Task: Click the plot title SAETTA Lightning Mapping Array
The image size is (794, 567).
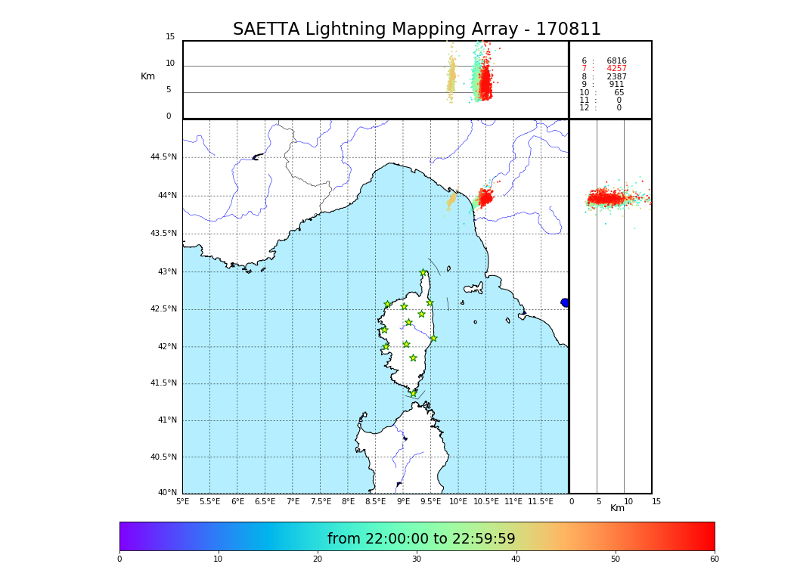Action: (417, 29)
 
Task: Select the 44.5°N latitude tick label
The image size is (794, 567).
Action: (163, 157)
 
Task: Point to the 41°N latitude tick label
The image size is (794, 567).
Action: (166, 420)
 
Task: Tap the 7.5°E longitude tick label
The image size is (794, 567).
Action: (321, 501)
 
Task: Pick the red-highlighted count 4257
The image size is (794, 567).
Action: (616, 69)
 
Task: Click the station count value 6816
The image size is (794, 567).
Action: (616, 61)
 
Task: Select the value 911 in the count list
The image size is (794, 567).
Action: (616, 85)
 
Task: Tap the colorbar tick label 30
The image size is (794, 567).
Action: (417, 559)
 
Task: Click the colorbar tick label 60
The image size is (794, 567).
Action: (714, 559)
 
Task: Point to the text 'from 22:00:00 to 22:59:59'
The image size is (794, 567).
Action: (421, 539)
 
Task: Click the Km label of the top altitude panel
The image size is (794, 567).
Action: (147, 76)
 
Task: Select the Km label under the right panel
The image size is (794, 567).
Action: (617, 508)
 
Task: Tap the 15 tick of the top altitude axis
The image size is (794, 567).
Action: (170, 37)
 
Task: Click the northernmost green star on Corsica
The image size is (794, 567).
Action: (423, 273)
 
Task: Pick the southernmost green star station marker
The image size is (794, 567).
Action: (413, 393)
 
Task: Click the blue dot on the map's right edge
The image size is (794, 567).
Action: (565, 302)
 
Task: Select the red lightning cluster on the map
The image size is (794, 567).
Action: (485, 197)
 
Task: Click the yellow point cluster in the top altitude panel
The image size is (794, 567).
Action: (451, 79)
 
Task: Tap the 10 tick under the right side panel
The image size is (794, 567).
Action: (628, 501)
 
